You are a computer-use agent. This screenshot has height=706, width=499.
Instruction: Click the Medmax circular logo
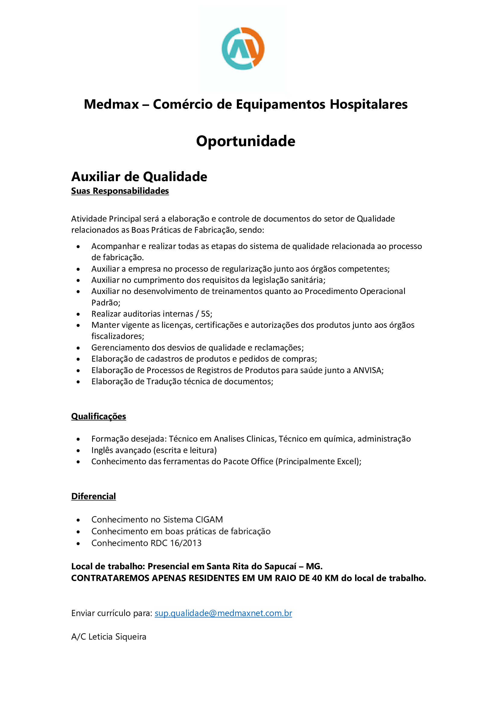[243, 49]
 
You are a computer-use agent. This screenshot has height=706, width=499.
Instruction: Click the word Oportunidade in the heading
[246, 141]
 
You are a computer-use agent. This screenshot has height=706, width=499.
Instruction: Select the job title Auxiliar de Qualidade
[139, 177]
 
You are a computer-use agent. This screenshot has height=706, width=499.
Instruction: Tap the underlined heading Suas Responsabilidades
[120, 191]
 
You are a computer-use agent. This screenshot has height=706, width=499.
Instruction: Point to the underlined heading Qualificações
[99, 416]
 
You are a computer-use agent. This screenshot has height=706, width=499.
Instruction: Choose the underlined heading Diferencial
[94, 496]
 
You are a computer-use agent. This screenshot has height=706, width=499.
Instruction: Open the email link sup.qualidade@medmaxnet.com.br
[223, 613]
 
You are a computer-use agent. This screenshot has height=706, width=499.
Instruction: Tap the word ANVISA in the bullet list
[367, 370]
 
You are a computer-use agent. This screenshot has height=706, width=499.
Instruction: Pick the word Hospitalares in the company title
[368, 104]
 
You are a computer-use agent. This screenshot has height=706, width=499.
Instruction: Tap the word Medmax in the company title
[111, 104]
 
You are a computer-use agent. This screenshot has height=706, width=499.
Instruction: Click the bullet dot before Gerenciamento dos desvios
[78, 348]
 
